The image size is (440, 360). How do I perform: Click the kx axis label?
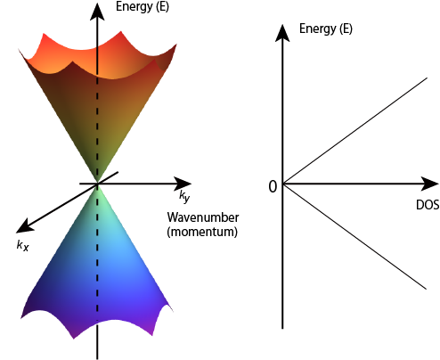pyautogui.click(x=23, y=246)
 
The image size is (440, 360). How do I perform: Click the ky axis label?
pyautogui.click(x=184, y=196)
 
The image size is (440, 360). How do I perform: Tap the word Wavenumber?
pyautogui.click(x=203, y=217)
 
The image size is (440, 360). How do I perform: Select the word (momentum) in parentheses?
pyautogui.click(x=202, y=232)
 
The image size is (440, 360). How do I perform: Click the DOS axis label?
pyautogui.click(x=428, y=205)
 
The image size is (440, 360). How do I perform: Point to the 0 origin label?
pyautogui.click(x=273, y=187)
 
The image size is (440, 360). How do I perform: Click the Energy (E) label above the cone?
pyautogui.click(x=143, y=6)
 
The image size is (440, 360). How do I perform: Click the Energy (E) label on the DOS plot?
pyautogui.click(x=326, y=29)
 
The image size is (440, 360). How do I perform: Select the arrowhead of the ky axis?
pyautogui.click(x=183, y=184)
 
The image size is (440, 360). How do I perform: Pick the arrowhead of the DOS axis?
pyautogui.click(x=430, y=184)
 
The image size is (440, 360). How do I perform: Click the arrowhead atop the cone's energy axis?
pyautogui.click(x=97, y=12)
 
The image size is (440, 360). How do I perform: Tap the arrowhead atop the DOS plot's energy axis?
pyautogui.click(x=282, y=33)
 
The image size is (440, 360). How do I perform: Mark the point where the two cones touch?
pyautogui.click(x=97, y=184)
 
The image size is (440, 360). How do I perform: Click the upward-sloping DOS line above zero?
pyautogui.click(x=355, y=131)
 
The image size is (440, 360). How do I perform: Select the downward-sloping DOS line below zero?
pyautogui.click(x=354, y=236)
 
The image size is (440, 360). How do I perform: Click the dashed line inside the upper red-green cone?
pyautogui.click(x=97, y=127)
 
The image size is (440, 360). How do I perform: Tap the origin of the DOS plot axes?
pyautogui.click(x=282, y=184)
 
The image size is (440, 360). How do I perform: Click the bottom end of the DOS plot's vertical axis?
pyautogui.click(x=282, y=329)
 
